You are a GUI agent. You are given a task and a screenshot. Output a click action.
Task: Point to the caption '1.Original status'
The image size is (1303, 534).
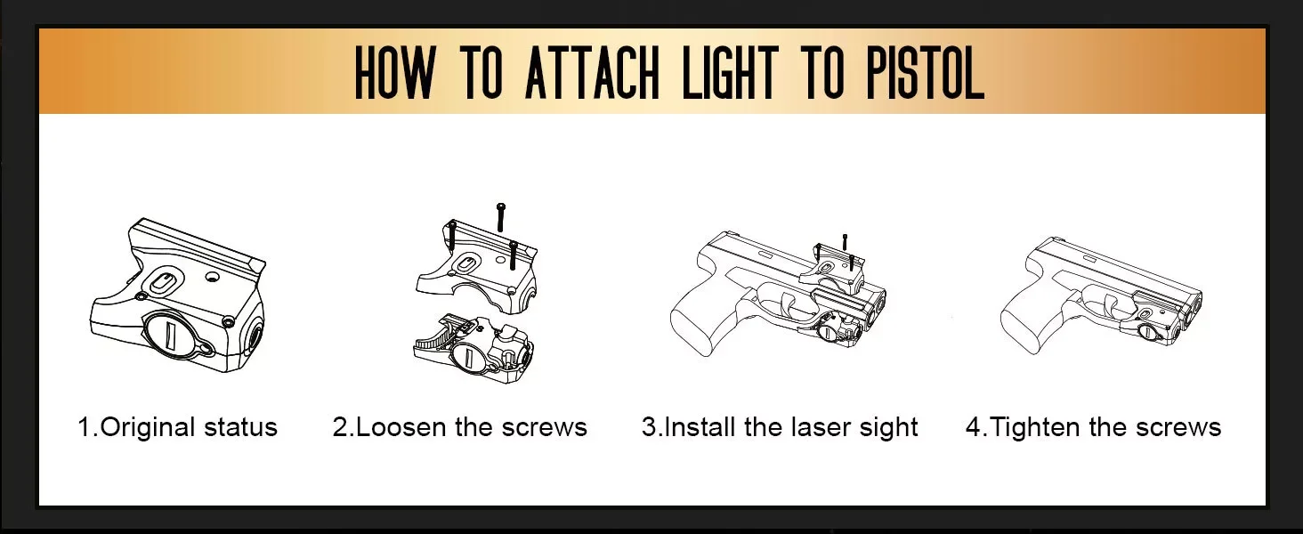[x=177, y=427]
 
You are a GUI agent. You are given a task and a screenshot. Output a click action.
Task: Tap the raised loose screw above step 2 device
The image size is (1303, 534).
[x=501, y=217]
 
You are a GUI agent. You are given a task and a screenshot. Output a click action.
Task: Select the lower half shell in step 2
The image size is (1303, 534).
[x=473, y=348]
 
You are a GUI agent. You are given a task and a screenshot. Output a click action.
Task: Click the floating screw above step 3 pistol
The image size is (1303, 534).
[x=845, y=241]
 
